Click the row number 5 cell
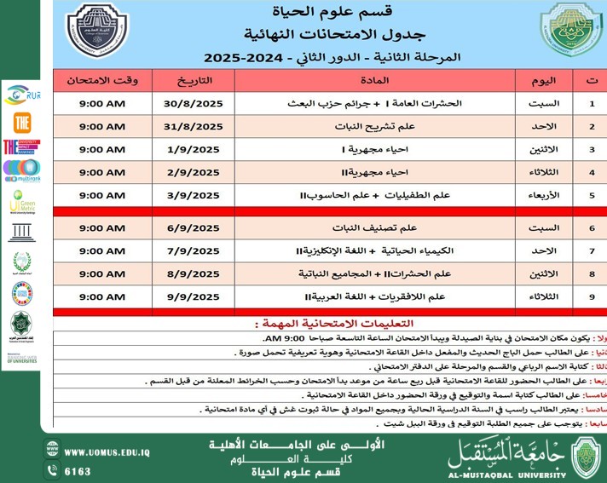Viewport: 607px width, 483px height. pos(592,195)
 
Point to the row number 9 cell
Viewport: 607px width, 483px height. pos(592,296)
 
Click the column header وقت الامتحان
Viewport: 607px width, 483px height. pos(102,81)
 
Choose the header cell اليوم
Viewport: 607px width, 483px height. pos(545,81)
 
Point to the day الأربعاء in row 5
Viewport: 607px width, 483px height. pos(545,195)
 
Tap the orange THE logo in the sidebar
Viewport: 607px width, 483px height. pos(21,122)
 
